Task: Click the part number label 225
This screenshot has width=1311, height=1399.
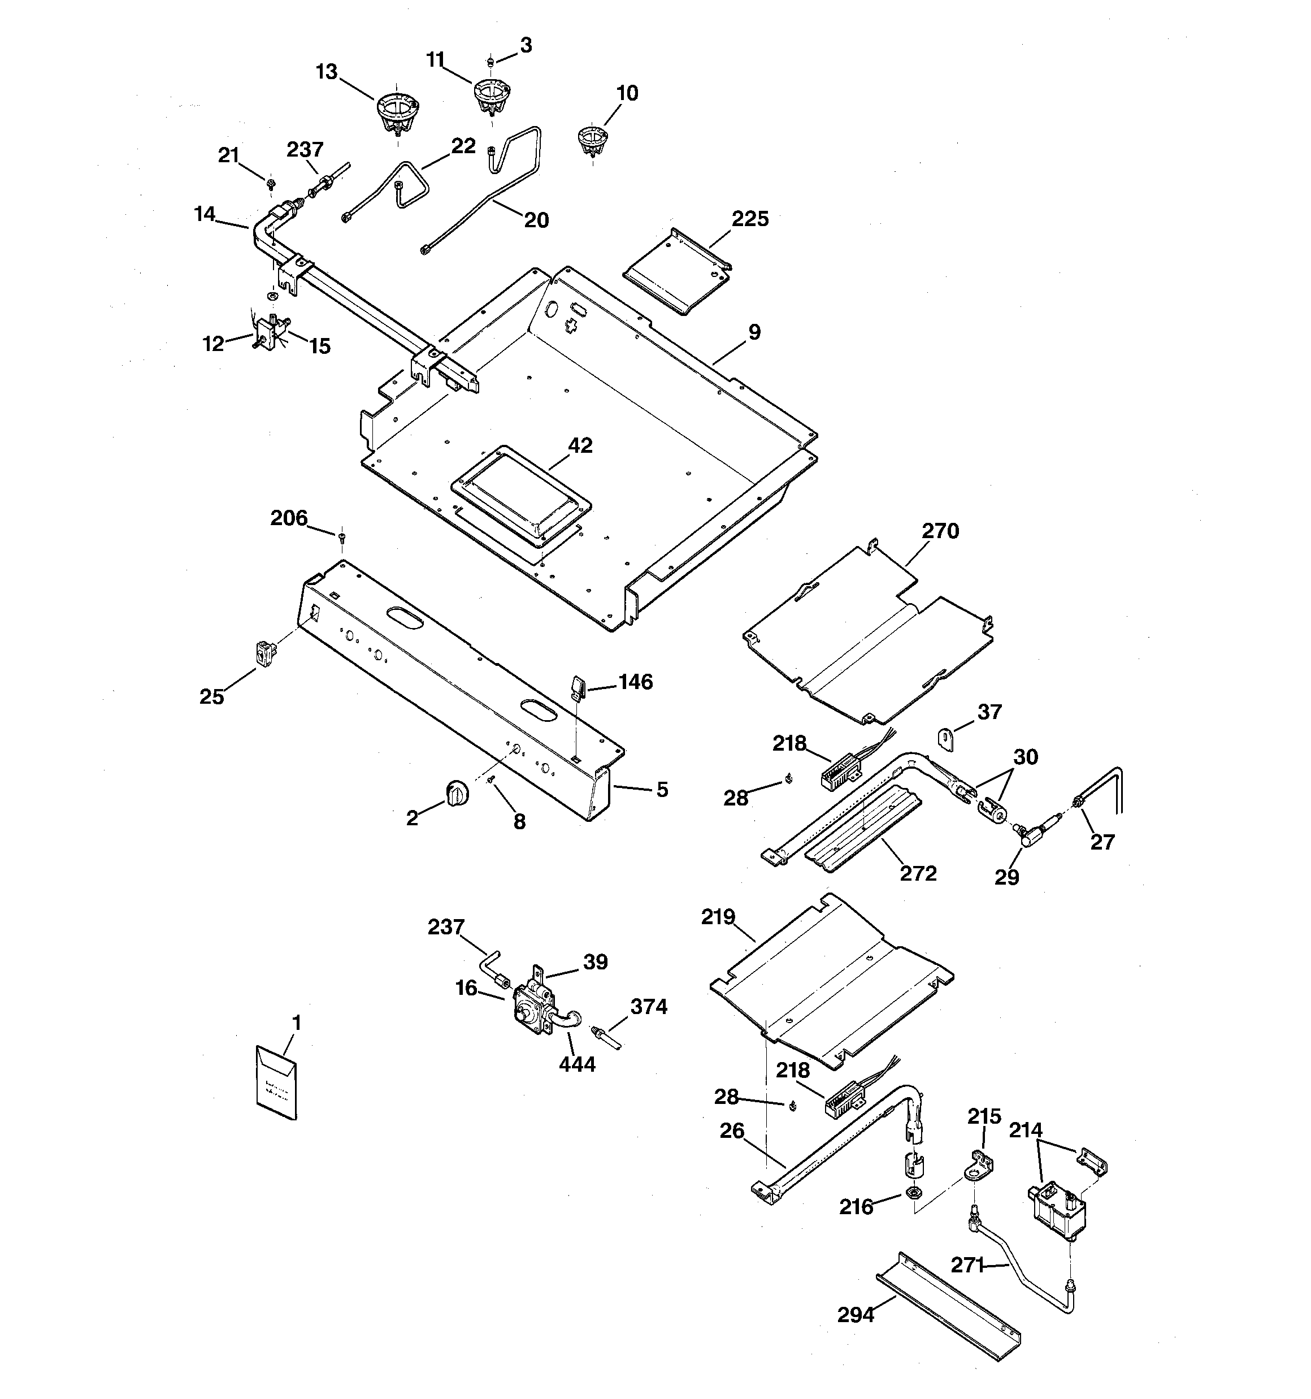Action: (750, 219)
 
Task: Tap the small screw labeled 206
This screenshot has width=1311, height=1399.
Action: (342, 538)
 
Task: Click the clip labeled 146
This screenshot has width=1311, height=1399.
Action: (577, 686)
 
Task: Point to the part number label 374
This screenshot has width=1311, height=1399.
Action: (649, 1007)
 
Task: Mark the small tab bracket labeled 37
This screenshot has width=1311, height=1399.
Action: (946, 738)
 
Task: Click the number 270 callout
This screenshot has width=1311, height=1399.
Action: (941, 531)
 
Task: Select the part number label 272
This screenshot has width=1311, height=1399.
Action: (918, 873)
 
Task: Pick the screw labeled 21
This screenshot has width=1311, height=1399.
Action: (271, 184)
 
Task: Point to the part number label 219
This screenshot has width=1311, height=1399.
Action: (718, 917)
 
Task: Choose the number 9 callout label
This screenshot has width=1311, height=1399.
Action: (754, 331)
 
